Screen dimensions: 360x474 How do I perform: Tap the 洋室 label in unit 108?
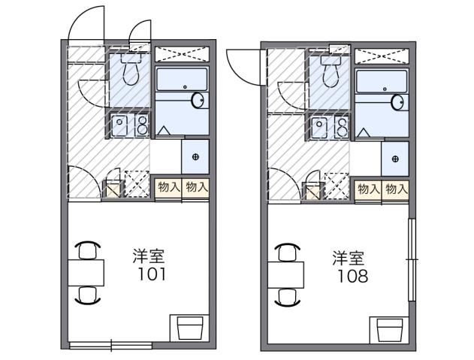click(350, 257)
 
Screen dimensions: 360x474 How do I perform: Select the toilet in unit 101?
click(131, 71)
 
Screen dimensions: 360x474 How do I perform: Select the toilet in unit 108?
click(329, 72)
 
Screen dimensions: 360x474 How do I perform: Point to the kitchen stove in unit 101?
click(131, 126)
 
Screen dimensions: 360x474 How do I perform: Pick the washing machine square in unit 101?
click(195, 157)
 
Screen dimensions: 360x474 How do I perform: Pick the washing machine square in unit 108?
click(395, 159)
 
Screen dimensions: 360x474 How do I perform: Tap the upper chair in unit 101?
click(87, 250)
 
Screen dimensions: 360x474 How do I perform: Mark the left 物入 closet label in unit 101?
click(168, 188)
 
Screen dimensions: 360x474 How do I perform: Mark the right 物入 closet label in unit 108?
click(396, 189)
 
